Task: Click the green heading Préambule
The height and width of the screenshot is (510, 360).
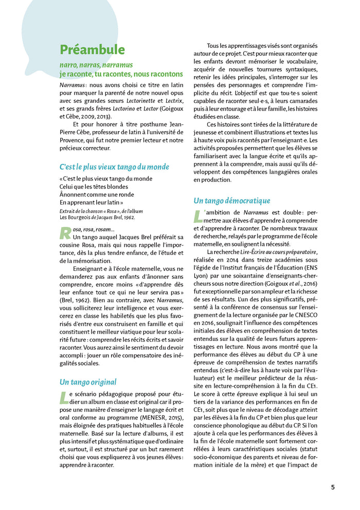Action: pos(92,50)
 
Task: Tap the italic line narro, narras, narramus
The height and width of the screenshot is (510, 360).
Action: pos(96,65)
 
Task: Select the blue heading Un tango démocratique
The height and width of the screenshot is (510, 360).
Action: pos(232,201)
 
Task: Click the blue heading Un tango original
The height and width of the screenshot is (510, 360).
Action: pos(88,381)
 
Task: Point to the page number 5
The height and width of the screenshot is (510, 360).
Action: pos(333,486)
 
